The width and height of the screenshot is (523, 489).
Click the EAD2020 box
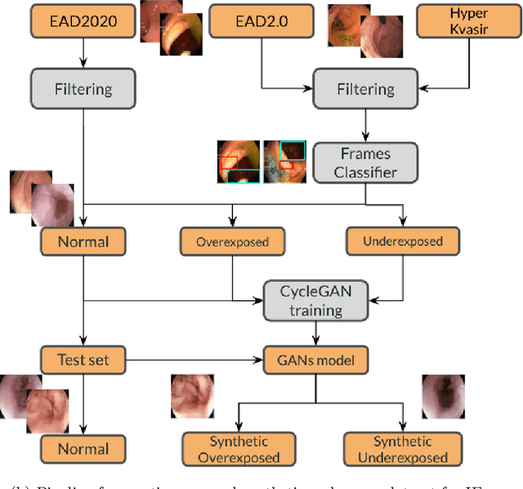tap(83, 22)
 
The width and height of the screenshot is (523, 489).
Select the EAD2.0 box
tap(262, 22)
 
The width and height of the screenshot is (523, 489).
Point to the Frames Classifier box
tap(365, 162)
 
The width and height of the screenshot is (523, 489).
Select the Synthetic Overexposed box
tap(239, 449)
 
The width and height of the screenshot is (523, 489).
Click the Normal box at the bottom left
tap(83, 448)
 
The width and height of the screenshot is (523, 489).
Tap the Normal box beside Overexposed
tap(83, 241)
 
